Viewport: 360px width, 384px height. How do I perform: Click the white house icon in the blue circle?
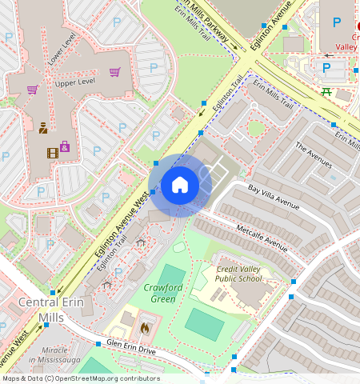(180, 186)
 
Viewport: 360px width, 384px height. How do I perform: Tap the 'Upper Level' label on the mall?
(76, 83)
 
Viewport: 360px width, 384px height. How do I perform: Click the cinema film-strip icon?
(53, 152)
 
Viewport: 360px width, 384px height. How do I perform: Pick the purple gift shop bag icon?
(65, 146)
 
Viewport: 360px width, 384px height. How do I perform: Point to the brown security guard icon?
(42, 127)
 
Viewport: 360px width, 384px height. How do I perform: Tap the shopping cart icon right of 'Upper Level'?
(115, 72)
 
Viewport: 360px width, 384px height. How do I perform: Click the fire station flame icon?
(145, 327)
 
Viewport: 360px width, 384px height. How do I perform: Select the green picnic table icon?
(326, 91)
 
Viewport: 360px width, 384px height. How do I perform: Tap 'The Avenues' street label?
(313, 154)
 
